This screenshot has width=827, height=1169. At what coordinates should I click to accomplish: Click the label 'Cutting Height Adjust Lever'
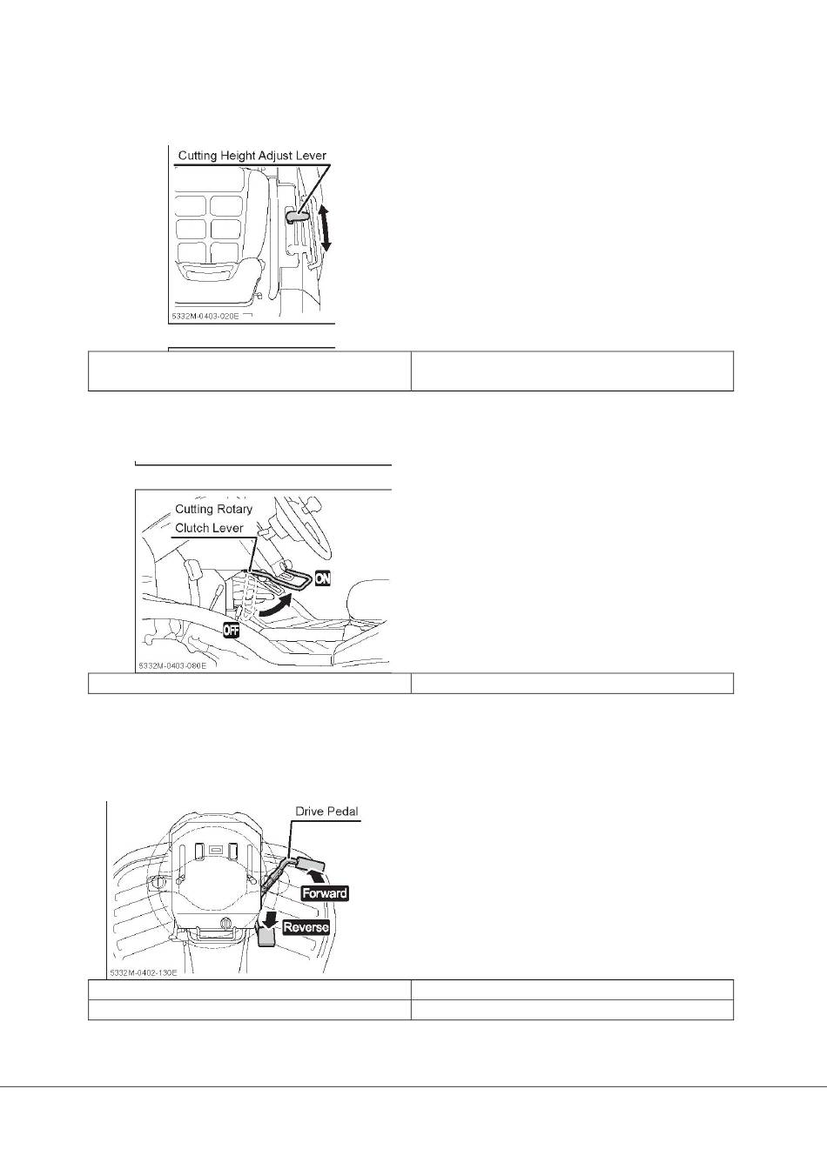(252, 156)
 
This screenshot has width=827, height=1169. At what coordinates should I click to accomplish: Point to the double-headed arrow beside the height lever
(324, 228)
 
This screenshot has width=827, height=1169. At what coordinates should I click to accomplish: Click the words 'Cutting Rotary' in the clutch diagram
(213, 509)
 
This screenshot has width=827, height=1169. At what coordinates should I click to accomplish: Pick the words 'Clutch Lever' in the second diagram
(209, 528)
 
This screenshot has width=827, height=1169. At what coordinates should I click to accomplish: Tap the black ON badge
(322, 578)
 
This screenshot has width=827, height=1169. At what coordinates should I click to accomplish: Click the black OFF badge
(231, 630)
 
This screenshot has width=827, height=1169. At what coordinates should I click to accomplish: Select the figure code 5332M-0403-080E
(171, 666)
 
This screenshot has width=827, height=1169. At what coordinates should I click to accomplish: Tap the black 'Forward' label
(325, 893)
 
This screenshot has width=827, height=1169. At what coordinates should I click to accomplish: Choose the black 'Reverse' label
(306, 927)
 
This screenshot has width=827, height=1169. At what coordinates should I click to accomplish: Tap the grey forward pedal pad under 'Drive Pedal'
(313, 864)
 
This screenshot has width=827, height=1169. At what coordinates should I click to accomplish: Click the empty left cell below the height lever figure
(250, 371)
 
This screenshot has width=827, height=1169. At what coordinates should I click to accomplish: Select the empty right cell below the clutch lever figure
(572, 684)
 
